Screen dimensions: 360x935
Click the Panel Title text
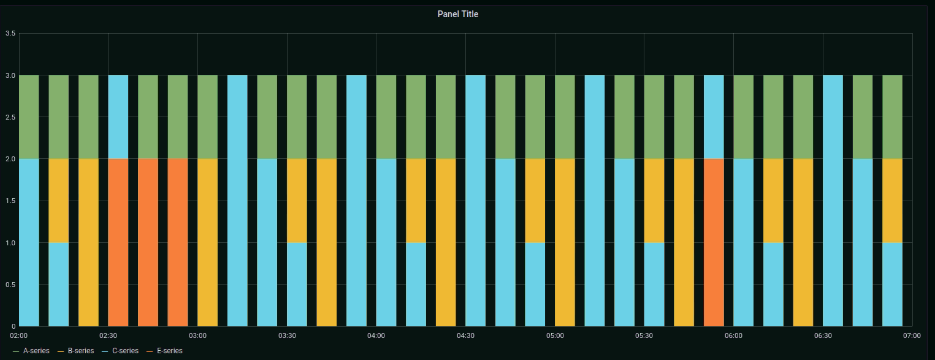(457, 14)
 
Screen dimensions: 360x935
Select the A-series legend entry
(36, 351)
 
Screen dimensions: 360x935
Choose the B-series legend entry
(80, 351)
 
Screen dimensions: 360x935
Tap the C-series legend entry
(124, 351)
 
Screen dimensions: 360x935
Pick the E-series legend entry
(169, 351)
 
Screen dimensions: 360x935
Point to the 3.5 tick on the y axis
(10, 33)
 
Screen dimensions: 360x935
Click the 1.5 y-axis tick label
(10, 201)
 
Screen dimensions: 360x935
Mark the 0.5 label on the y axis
(10, 285)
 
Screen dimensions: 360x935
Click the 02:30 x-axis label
(108, 335)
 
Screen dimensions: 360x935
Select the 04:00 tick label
(376, 335)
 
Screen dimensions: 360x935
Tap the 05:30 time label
(644, 335)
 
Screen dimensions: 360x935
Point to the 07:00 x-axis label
(912, 335)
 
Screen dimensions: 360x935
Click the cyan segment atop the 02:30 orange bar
(118, 117)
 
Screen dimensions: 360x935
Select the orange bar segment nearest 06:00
(714, 242)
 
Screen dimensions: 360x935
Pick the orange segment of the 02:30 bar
(118, 242)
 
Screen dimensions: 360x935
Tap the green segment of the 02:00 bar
(29, 117)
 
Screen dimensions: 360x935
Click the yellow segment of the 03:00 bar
(207, 242)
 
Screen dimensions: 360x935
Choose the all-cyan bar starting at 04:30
(475, 201)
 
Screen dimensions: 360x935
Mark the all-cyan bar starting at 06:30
(833, 201)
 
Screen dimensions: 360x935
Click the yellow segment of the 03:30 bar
(297, 201)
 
